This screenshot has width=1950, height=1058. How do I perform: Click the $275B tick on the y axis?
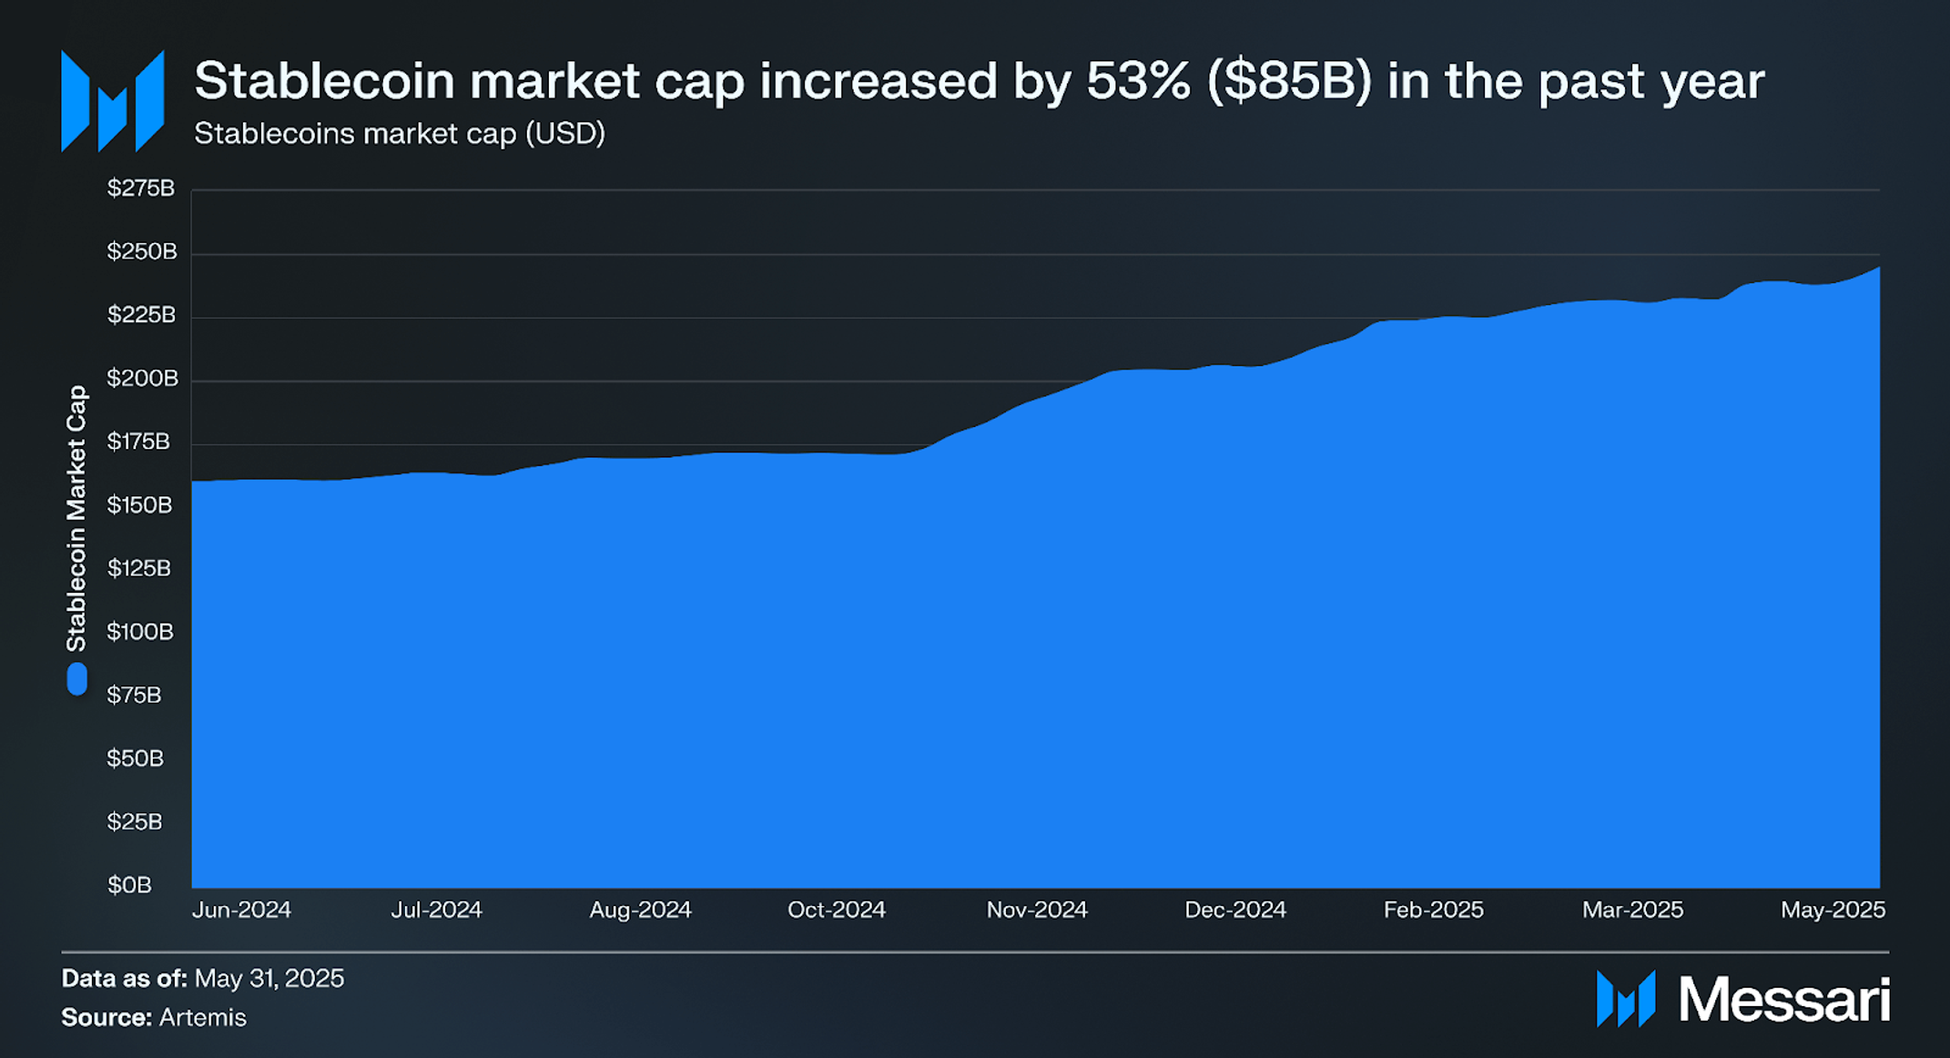point(140,188)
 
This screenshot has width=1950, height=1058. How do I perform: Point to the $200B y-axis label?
point(142,379)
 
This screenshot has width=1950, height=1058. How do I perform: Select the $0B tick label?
point(129,885)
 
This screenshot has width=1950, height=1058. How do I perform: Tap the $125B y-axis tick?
point(139,569)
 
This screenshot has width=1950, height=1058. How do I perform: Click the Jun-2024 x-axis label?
point(241,910)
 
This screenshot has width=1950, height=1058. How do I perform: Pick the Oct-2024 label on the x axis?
point(836,910)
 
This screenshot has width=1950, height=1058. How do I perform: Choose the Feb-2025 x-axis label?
point(1433,910)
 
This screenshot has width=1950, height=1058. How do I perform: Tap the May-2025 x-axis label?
point(1833,910)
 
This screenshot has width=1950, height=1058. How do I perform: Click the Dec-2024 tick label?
point(1234,910)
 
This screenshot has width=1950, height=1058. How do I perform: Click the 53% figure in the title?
point(1138,81)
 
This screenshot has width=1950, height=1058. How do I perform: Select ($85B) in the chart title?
point(1288,81)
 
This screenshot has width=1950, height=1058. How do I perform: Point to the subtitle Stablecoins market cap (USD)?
point(400,134)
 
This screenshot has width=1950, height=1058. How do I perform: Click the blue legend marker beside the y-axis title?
point(77,679)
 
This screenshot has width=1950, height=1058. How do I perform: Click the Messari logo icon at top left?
point(112,101)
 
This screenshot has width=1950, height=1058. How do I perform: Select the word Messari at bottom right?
point(1783,1000)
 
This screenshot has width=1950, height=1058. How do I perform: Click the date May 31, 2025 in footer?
point(269,979)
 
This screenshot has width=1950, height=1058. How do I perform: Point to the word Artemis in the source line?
point(202,1018)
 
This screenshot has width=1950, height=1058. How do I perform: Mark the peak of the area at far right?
point(1877,269)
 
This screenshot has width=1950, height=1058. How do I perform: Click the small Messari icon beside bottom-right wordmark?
point(1626,999)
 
